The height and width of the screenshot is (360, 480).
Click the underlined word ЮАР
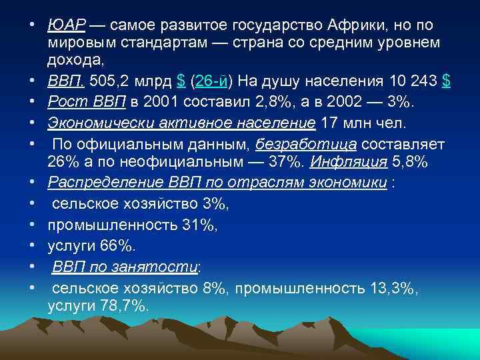tap(67, 26)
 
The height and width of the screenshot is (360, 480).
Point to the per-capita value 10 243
tap(411, 82)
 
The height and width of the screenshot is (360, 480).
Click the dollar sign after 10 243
tap(446, 82)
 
